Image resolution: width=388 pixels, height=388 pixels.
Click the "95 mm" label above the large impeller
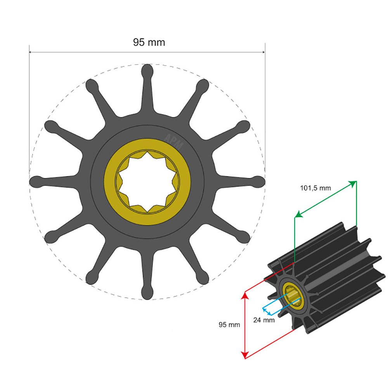149,42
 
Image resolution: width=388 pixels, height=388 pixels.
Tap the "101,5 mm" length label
315,188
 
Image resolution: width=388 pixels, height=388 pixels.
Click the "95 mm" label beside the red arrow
229,324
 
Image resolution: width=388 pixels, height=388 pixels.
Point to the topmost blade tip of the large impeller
147,71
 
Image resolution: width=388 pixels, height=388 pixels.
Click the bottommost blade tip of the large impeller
147,293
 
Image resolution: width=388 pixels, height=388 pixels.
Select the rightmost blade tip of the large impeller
258,182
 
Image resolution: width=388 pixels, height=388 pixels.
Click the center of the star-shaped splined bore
147,182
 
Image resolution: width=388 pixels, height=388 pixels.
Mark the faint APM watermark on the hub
173,139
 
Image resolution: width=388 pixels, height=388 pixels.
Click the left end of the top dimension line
30,52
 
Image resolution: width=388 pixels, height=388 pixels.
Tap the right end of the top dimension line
265,52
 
